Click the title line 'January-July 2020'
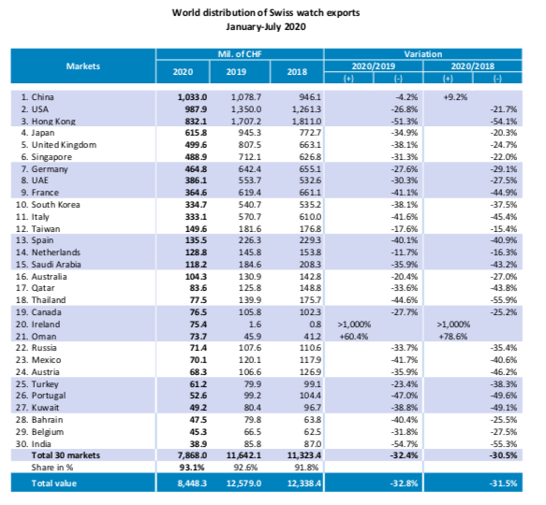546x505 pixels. pyautogui.click(x=266, y=27)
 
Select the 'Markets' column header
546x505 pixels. pyautogui.click(x=83, y=66)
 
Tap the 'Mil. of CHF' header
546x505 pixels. pyautogui.click(x=240, y=54)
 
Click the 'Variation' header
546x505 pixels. pyautogui.click(x=423, y=54)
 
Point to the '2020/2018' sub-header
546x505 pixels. pyautogui.click(x=473, y=66)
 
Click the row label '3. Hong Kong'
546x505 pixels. pyautogui.click(x=48, y=121)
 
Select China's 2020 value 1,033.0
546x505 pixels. pyautogui.click(x=192, y=97)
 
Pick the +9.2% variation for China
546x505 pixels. pyautogui.click(x=455, y=97)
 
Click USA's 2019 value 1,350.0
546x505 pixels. pyautogui.click(x=246, y=109)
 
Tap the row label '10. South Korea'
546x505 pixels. pyautogui.click(x=48, y=205)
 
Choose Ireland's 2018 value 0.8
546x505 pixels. pyautogui.click(x=315, y=325)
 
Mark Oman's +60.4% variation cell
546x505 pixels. pyautogui.click(x=354, y=337)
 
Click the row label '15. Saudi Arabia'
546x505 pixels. pyautogui.click(x=48, y=265)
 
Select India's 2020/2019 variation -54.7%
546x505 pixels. pyautogui.click(x=405, y=444)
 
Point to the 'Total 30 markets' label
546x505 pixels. pyautogui.click(x=66, y=455)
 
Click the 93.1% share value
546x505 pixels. pyautogui.click(x=192, y=467)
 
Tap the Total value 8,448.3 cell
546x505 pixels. pyautogui.click(x=192, y=483)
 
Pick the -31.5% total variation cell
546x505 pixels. pyautogui.click(x=503, y=483)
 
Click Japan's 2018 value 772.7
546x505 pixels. pyautogui.click(x=310, y=133)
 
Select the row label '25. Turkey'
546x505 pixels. pyautogui.click(x=37, y=384)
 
